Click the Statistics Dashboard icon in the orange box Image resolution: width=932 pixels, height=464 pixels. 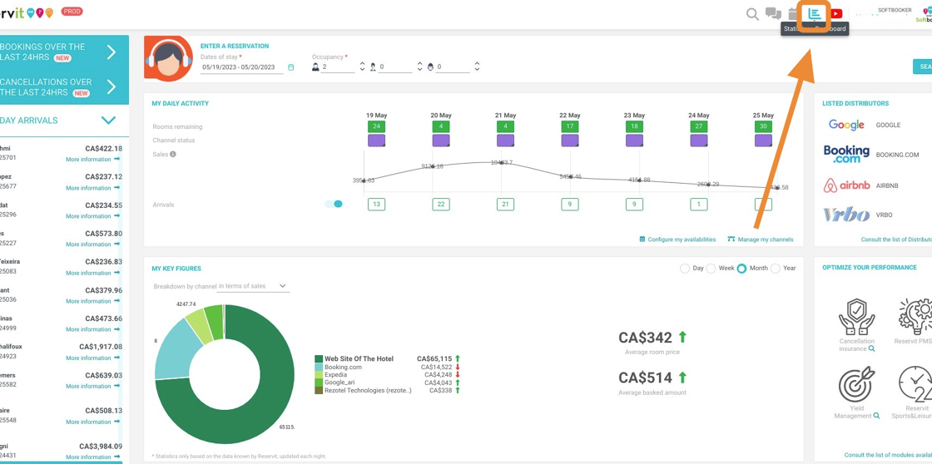click(x=815, y=13)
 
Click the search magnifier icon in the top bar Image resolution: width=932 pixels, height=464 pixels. click(x=752, y=14)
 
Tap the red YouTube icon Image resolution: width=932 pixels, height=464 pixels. click(x=836, y=13)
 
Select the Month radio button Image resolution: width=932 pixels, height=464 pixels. click(x=741, y=269)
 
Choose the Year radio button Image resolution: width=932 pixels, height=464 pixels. click(x=776, y=269)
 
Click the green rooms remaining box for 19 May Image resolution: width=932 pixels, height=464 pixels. click(x=376, y=126)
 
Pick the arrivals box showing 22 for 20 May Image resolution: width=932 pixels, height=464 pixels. click(x=441, y=204)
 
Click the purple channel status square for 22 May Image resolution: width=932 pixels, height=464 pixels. click(x=570, y=141)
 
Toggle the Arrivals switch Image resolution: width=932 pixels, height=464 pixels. click(x=334, y=204)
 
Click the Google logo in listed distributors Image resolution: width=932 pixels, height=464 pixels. click(x=846, y=125)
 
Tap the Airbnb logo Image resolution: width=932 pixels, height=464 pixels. click(x=846, y=185)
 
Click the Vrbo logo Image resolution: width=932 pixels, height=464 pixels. click(x=846, y=215)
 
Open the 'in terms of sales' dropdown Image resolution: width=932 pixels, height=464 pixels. click(x=252, y=286)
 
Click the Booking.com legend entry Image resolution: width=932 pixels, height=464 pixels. click(x=343, y=367)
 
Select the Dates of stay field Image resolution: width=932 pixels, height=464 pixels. click(x=242, y=67)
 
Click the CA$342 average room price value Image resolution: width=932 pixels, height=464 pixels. click(x=645, y=338)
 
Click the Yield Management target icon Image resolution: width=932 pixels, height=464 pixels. click(x=856, y=386)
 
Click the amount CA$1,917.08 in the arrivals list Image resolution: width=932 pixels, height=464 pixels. click(x=100, y=347)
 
